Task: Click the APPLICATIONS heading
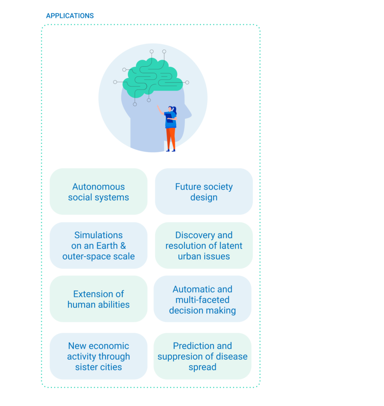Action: (x=70, y=16)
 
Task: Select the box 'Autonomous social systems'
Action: (x=98, y=192)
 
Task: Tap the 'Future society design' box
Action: (x=204, y=192)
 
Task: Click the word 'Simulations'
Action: (x=98, y=235)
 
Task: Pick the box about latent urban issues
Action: (x=204, y=246)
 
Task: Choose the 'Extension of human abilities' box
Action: (x=98, y=299)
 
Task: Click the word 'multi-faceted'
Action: (x=202, y=300)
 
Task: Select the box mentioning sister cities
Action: (x=98, y=356)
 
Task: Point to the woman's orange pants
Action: (x=171, y=138)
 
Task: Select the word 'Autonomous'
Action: (x=98, y=187)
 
